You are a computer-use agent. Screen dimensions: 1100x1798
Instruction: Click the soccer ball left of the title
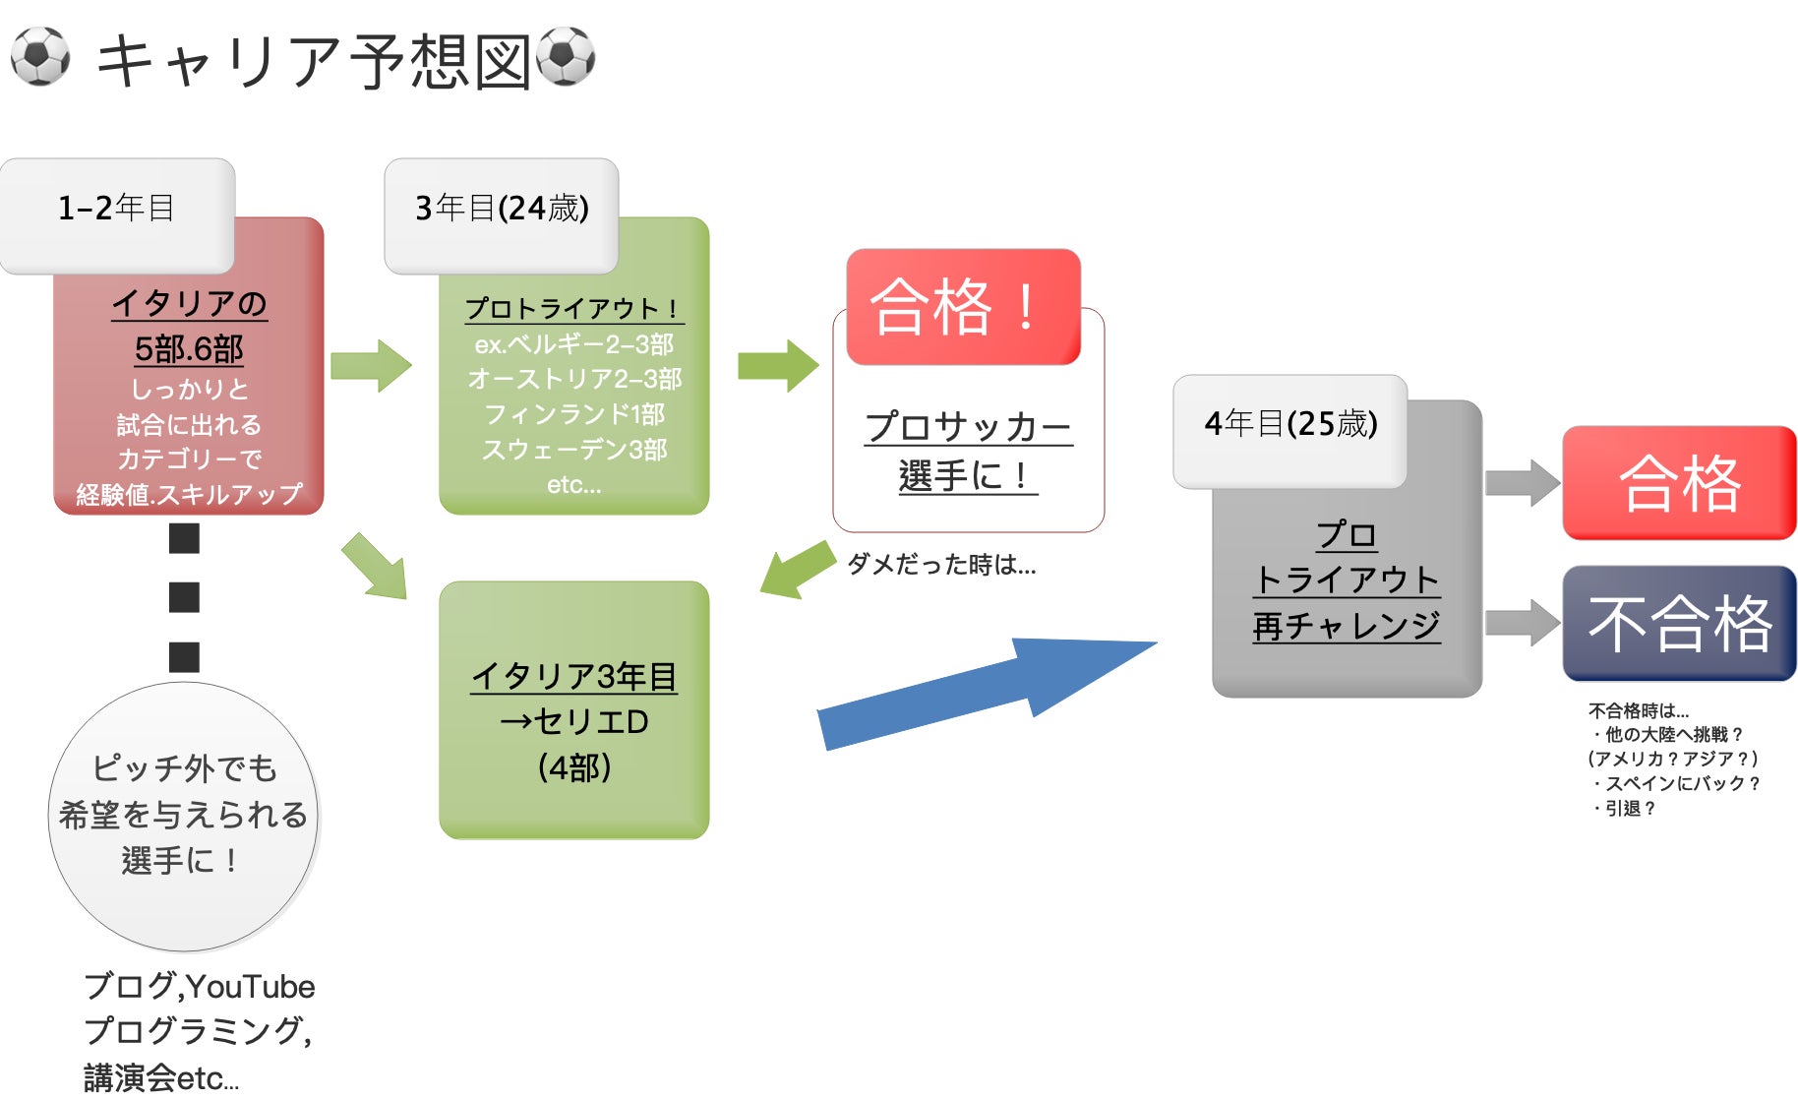pyautogui.click(x=40, y=56)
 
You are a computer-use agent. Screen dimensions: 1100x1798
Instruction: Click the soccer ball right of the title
pyautogui.click(x=566, y=56)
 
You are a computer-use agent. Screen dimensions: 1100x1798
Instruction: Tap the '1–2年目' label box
pyautogui.click(x=117, y=209)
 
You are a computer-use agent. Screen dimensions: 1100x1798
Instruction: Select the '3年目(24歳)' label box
pyautogui.click(x=502, y=209)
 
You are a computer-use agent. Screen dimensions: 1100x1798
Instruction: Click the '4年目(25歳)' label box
pyautogui.click(x=1290, y=424)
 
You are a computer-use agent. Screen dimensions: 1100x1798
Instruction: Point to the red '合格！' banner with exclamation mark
pyautogui.click(x=963, y=306)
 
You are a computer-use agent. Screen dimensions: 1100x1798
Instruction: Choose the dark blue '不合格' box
pyautogui.click(x=1679, y=623)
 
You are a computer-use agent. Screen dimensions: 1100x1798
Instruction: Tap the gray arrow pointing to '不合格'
pyautogui.click(x=1522, y=623)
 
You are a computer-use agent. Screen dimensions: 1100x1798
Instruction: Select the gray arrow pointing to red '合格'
pyautogui.click(x=1522, y=482)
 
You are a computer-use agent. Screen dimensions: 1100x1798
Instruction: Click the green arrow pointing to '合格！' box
pyautogui.click(x=777, y=366)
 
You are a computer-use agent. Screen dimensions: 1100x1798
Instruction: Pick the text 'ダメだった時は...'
pyautogui.click(x=941, y=565)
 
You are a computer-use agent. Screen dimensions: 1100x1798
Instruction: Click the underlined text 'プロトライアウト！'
pyautogui.click(x=573, y=309)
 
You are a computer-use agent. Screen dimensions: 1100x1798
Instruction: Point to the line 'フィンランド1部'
pyautogui.click(x=574, y=414)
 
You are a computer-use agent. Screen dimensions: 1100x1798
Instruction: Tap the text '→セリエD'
pyautogui.click(x=574, y=721)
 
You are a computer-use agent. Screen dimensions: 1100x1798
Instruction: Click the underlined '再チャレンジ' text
pyautogui.click(x=1347, y=626)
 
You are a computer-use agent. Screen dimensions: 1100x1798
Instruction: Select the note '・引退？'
pyautogui.click(x=1625, y=808)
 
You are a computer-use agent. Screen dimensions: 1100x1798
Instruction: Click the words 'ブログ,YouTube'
pyautogui.click(x=200, y=986)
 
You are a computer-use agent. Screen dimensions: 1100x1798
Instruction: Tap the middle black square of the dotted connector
pyautogui.click(x=184, y=597)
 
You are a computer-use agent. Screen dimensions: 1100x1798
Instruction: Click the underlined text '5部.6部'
pyautogui.click(x=189, y=349)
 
